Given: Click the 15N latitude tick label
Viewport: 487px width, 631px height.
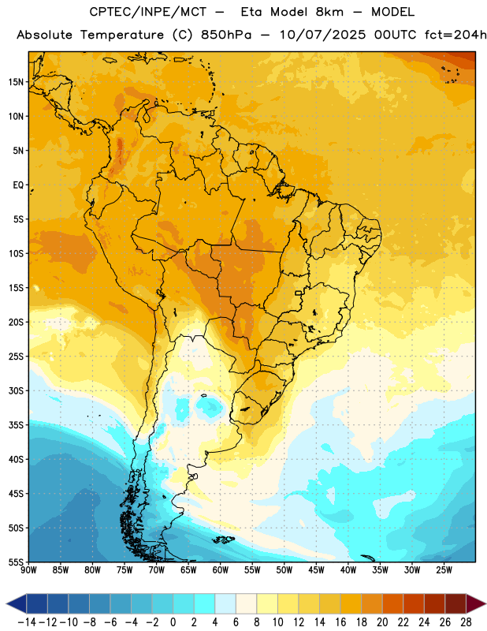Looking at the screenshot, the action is [16, 82].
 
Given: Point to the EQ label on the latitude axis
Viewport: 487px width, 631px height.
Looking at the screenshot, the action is [18, 185].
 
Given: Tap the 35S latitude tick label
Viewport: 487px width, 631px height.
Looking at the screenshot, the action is [16, 425].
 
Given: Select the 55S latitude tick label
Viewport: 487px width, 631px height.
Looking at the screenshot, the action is [16, 562].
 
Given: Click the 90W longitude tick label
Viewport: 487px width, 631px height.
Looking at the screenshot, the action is [28, 570].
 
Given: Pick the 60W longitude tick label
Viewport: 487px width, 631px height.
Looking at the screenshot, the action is [221, 570].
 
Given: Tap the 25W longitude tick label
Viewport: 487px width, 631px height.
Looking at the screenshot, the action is [444, 570].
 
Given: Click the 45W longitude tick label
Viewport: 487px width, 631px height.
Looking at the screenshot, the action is [316, 570].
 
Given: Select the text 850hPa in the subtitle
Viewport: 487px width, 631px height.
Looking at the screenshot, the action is [226, 35].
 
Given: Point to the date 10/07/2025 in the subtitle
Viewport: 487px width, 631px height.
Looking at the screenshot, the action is [322, 35].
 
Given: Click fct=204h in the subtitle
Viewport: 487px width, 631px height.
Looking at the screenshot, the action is [455, 35].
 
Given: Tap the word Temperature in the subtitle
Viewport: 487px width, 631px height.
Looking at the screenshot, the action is [122, 35].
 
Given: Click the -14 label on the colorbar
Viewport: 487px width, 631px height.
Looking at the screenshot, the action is [27, 622].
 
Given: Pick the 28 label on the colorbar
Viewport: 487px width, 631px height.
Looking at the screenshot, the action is [466, 622].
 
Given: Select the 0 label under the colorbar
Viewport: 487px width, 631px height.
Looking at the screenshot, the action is [173, 622].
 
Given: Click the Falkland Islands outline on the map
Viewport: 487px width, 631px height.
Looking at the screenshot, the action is [223, 540].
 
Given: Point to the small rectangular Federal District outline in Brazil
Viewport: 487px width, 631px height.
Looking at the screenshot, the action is [299, 293].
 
